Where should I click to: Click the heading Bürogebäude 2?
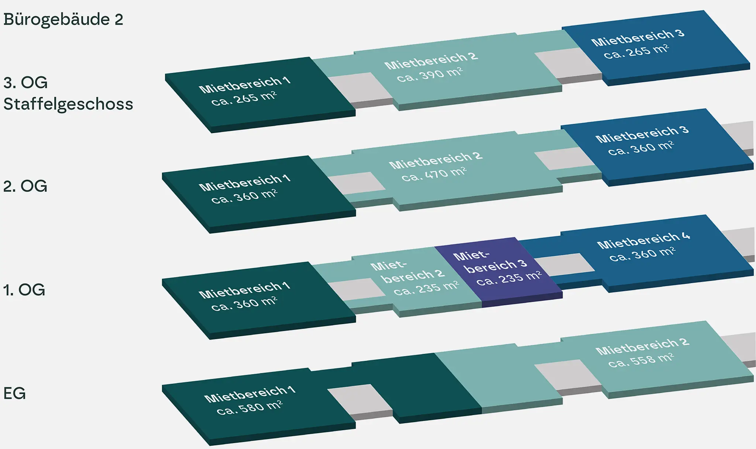tap(63, 20)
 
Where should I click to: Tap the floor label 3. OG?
tap(25, 83)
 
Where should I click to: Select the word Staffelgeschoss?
tap(68, 104)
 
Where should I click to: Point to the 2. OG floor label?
tap(25, 186)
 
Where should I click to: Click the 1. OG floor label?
tap(24, 290)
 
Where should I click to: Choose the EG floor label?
tap(15, 393)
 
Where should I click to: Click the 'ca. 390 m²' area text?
tap(430, 74)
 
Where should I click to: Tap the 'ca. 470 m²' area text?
tap(434, 174)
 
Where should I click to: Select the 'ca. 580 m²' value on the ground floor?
tap(250, 407)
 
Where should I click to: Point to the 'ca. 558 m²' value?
tap(641, 360)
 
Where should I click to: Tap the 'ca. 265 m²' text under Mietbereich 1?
tap(244, 98)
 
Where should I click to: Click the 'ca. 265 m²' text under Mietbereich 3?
tap(636, 51)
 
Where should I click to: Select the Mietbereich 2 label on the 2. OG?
tap(436, 160)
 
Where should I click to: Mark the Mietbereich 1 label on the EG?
tap(250, 394)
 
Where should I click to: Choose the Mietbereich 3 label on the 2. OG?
tap(642, 134)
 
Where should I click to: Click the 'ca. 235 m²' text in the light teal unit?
tap(426, 288)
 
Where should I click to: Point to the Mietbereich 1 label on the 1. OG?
tap(244, 290)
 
